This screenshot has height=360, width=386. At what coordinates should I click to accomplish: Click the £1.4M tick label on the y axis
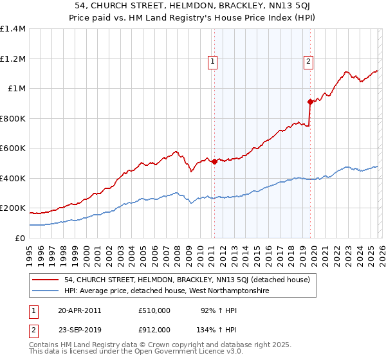[13, 29]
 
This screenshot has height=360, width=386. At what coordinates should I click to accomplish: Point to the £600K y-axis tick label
[13, 148]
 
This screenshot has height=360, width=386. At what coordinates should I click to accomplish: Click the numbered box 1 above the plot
[213, 62]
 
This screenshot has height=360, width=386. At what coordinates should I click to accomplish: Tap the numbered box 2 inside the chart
[309, 62]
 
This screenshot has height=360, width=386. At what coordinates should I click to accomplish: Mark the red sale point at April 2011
[214, 161]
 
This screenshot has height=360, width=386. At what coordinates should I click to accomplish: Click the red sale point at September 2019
[310, 102]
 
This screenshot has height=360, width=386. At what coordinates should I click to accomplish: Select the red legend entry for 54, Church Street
[187, 280]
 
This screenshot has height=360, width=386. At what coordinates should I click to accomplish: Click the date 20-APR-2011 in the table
[80, 310]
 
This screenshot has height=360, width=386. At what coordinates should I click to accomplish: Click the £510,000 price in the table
[154, 310]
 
